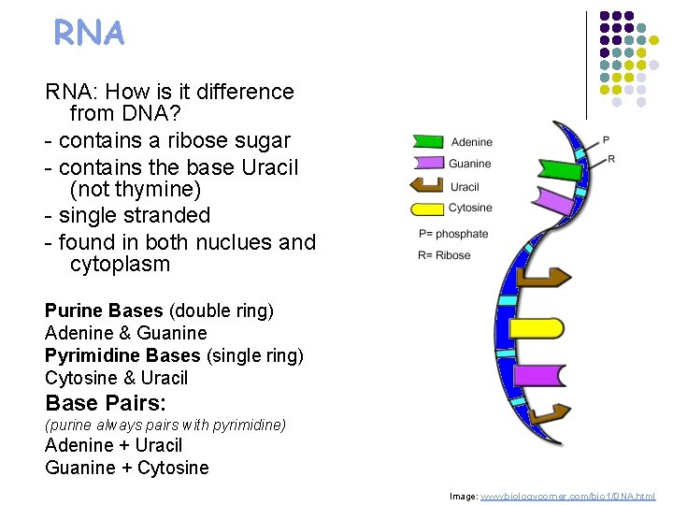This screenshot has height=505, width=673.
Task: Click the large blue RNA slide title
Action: [x=89, y=35]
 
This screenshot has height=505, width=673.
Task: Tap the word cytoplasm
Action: [x=120, y=265]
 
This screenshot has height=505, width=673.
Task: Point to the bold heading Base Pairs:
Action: [x=106, y=403]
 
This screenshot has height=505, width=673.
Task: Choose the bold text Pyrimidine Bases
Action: [x=122, y=355]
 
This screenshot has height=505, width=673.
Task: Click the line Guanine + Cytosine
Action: [x=127, y=468]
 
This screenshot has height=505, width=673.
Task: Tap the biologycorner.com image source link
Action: [x=567, y=496]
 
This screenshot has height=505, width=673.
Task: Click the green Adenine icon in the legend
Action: [x=427, y=142]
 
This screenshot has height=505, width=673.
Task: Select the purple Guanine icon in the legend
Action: [x=427, y=164]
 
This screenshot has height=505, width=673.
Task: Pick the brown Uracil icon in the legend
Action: [x=427, y=186]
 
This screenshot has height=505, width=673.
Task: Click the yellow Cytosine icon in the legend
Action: [x=427, y=208]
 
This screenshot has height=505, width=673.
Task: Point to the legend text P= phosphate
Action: [x=453, y=234]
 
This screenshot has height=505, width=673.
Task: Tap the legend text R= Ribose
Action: [x=444, y=255]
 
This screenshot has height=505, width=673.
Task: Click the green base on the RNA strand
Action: [x=555, y=170]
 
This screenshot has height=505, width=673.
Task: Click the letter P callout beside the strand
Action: [x=606, y=140]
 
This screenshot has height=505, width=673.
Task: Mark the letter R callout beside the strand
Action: [x=611, y=160]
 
